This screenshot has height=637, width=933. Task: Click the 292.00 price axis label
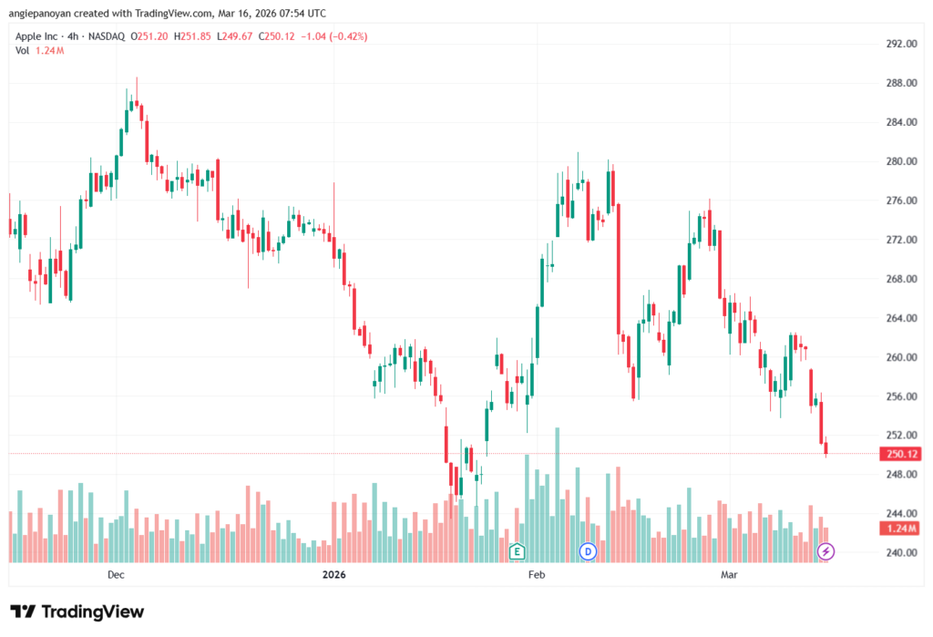tap(900, 44)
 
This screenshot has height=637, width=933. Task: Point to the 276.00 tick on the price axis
tap(900, 200)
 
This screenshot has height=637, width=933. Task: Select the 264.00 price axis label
tap(900, 318)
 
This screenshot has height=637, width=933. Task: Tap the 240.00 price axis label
tap(900, 553)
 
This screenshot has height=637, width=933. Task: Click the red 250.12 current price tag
tap(899, 454)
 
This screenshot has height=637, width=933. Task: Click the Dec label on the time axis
tap(116, 575)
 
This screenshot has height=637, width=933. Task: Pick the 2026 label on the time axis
tap(334, 575)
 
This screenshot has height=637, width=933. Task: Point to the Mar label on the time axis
tap(728, 575)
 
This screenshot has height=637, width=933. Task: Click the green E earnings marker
tap(518, 551)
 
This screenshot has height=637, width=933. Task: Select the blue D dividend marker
tap(588, 551)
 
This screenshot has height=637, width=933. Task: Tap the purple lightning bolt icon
tap(826, 551)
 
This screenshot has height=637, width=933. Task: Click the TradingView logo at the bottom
tap(77, 611)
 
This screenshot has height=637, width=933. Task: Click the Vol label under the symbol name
tap(22, 50)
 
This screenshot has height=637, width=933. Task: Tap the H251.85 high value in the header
tap(195, 36)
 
